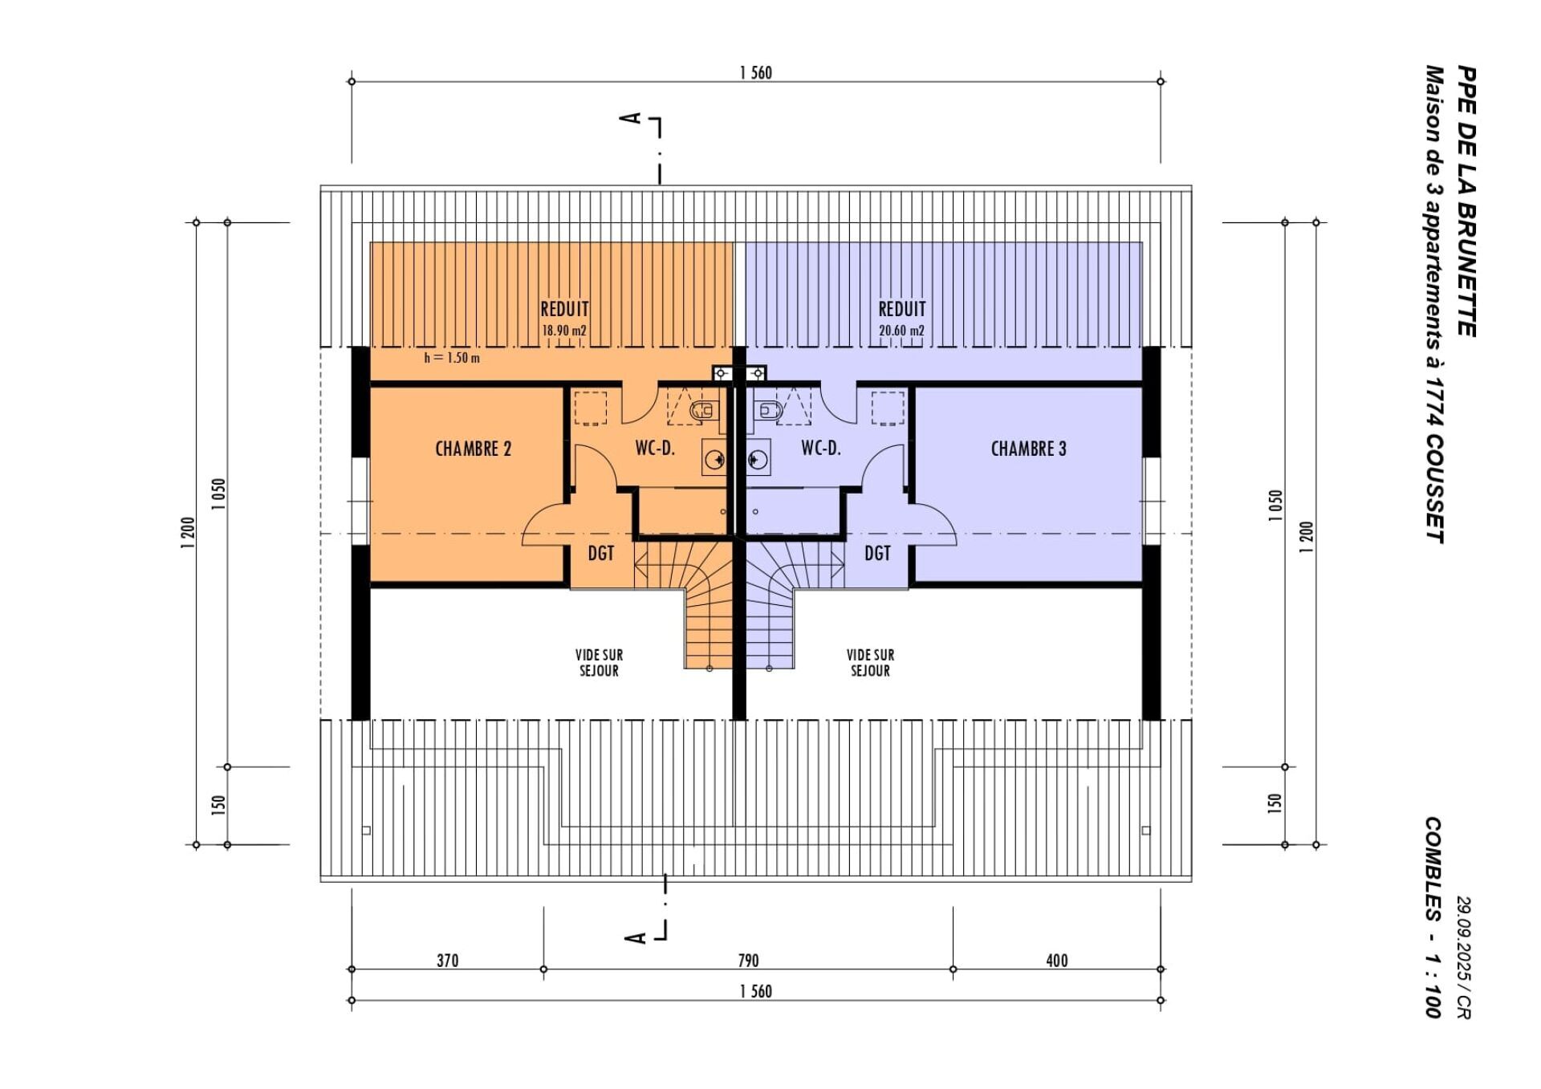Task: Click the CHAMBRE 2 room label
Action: [x=473, y=449]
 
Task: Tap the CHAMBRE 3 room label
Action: [x=1028, y=449]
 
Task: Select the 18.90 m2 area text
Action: [x=564, y=331]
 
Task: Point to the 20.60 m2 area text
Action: [x=901, y=331]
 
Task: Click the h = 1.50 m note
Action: [x=452, y=358]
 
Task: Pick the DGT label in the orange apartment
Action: [x=600, y=553]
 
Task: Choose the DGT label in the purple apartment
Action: [x=877, y=553]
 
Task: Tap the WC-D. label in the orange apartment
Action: [x=655, y=449]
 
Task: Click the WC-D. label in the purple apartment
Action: [x=821, y=449]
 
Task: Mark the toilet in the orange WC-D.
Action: [x=704, y=411]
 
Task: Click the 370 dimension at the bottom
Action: [x=447, y=961]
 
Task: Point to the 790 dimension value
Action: [x=748, y=961]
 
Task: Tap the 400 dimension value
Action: [x=1057, y=961]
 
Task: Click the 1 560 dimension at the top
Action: [x=755, y=73]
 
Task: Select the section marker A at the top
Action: [x=632, y=118]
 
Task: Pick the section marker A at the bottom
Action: [x=635, y=937]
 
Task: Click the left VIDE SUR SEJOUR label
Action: [x=599, y=663]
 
